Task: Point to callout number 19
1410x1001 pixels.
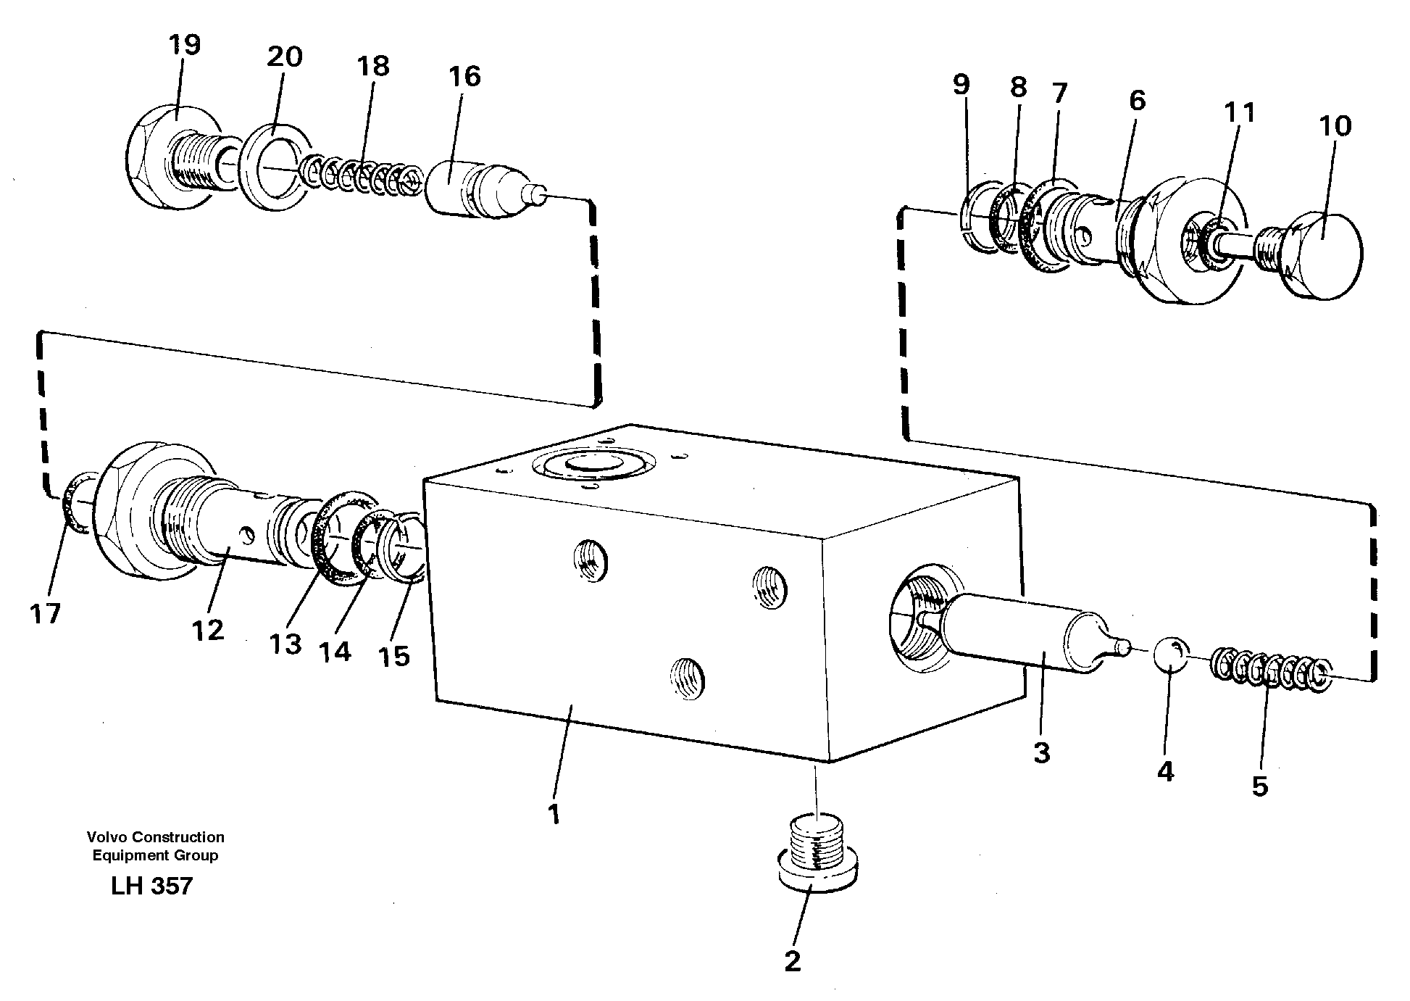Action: coord(184,46)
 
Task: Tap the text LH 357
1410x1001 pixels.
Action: coord(151,886)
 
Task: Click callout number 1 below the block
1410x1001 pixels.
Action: coord(554,814)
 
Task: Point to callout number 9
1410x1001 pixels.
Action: coord(961,85)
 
